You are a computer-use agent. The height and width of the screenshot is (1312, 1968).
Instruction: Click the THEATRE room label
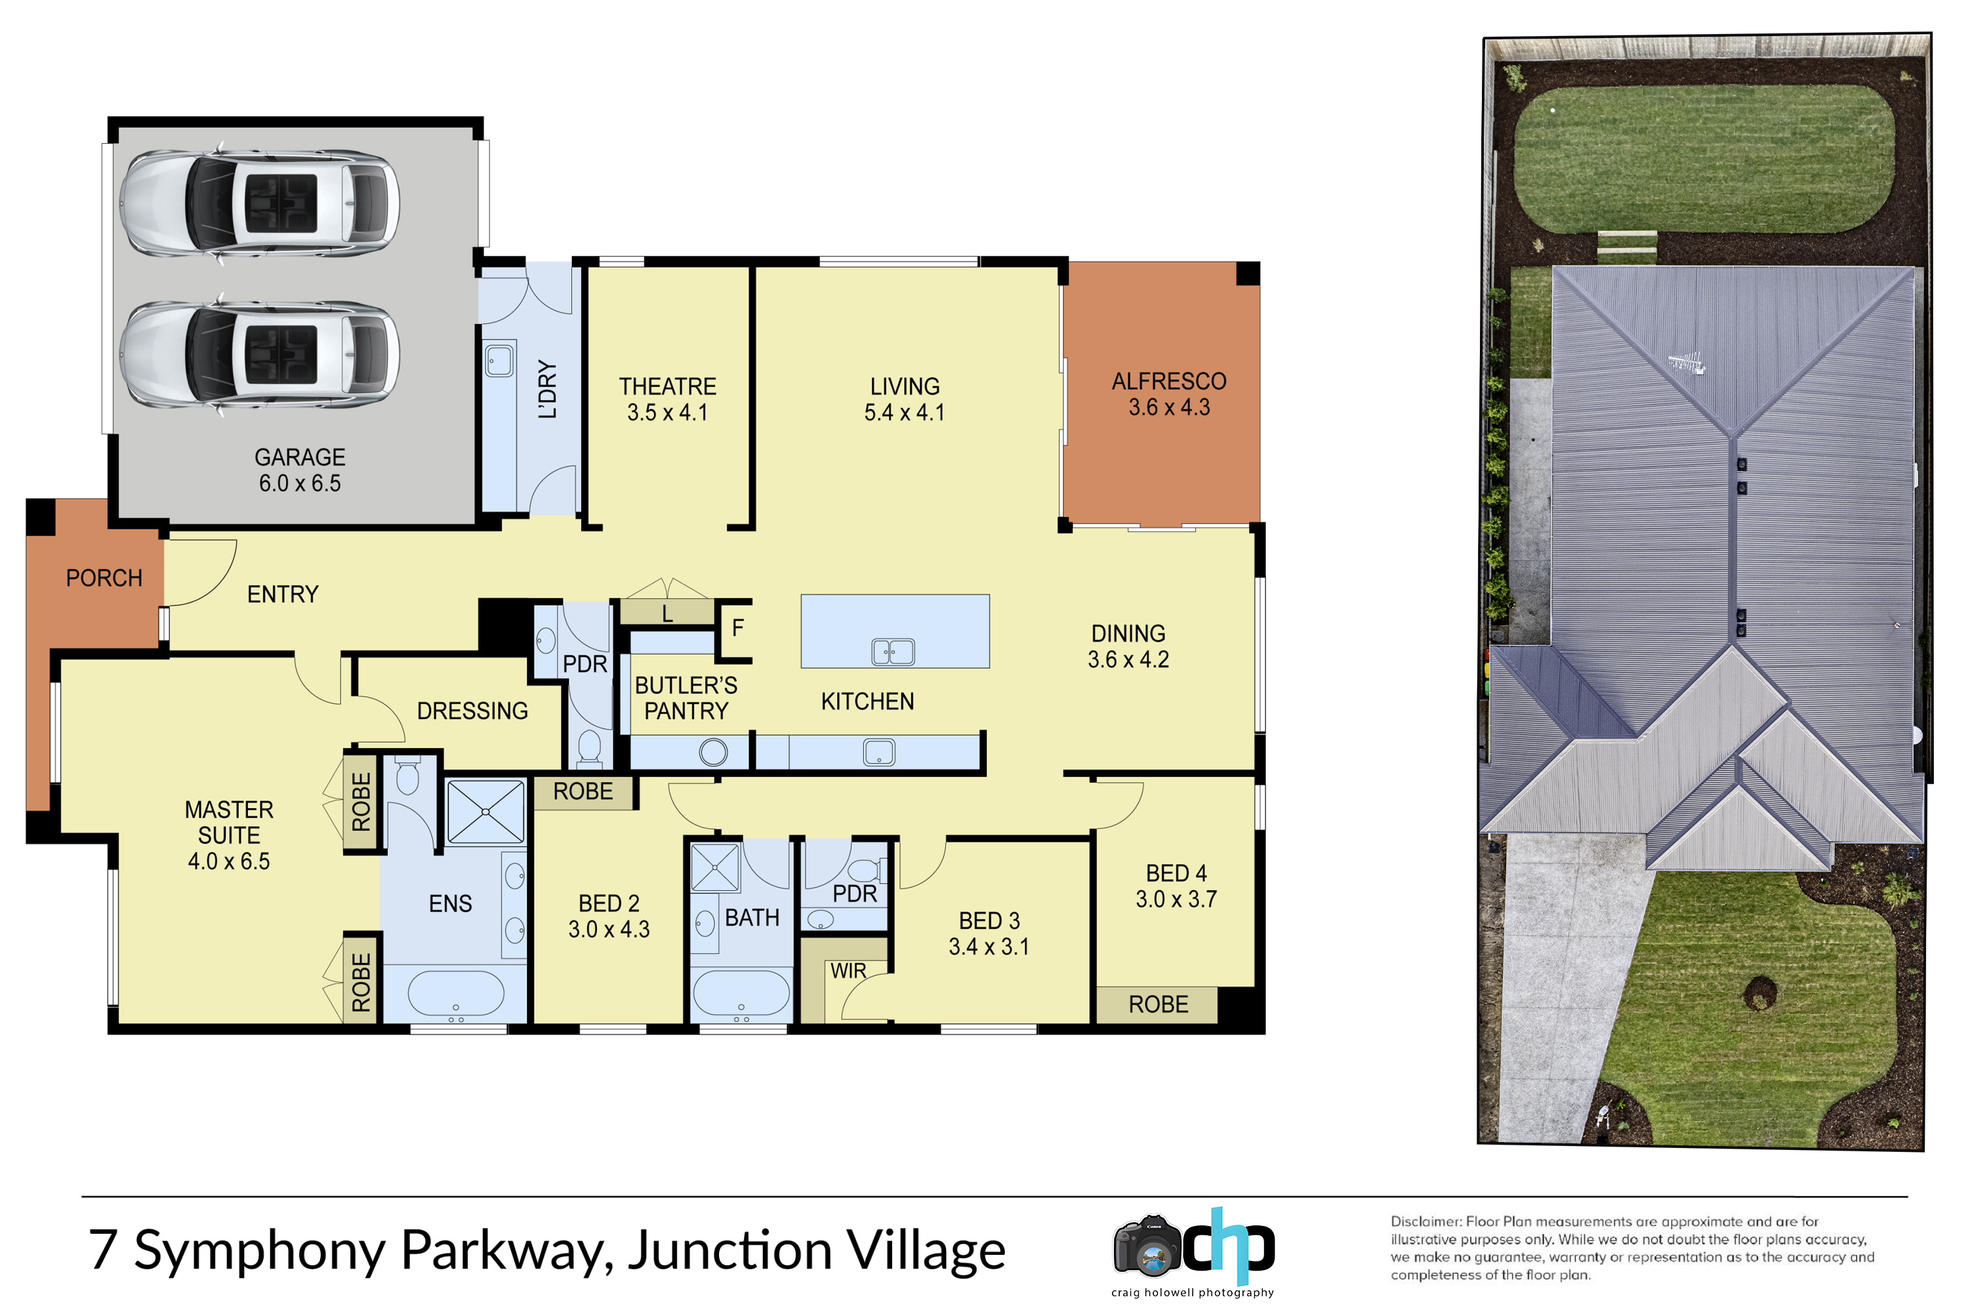[x=668, y=386]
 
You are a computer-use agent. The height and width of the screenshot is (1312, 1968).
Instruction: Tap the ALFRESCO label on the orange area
[x=1169, y=382]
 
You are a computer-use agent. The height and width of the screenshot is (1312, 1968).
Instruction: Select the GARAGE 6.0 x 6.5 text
[x=300, y=470]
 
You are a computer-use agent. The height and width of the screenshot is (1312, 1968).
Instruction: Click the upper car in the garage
[x=259, y=203]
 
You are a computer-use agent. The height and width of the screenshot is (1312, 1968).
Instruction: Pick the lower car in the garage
[x=259, y=355]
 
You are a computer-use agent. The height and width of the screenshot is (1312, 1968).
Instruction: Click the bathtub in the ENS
[x=456, y=994]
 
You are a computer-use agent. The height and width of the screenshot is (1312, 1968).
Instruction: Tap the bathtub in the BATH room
[x=741, y=993]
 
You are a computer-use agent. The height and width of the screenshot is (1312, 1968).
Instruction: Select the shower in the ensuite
[x=486, y=811]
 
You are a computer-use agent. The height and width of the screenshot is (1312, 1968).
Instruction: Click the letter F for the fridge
[x=737, y=628]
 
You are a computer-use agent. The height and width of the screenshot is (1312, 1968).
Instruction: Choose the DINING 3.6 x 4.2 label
[x=1128, y=647]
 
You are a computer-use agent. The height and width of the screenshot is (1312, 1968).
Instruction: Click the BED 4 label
[x=1176, y=874]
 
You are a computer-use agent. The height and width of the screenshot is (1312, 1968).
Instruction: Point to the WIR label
[x=848, y=971]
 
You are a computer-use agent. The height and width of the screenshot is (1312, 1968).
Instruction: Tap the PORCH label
[x=104, y=578]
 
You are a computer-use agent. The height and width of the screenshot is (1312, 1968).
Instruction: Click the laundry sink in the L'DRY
[x=499, y=361]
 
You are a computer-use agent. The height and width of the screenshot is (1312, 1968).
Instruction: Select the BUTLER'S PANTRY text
[x=686, y=698]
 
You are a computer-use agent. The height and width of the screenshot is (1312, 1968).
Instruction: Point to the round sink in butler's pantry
[x=713, y=752]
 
